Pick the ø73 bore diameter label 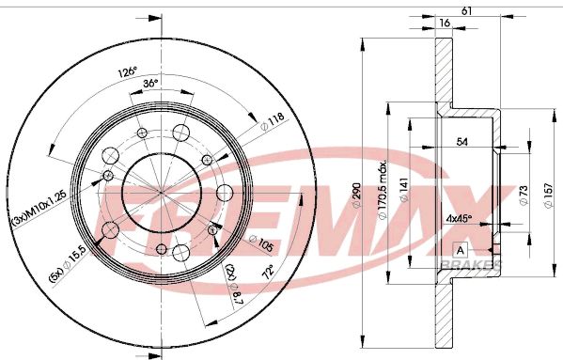(522, 194)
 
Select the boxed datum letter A (461, 250)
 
